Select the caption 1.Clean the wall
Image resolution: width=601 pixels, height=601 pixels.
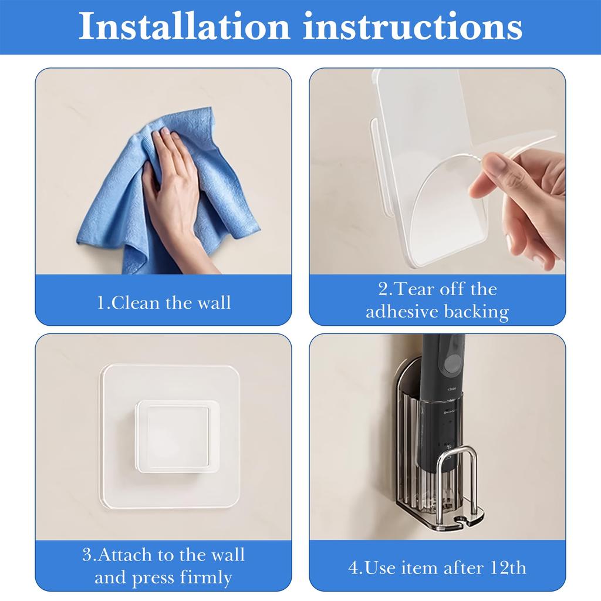(x=164, y=303)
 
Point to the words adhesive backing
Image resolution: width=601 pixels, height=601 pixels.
(x=437, y=312)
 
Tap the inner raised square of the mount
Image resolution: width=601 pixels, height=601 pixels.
(x=171, y=434)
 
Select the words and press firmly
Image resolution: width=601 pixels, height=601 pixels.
(x=164, y=578)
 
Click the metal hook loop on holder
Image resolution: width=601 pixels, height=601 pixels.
(x=460, y=470)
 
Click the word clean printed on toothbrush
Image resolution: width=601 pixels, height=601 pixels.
(x=453, y=389)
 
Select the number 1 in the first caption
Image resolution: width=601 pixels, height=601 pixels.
(x=100, y=303)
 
